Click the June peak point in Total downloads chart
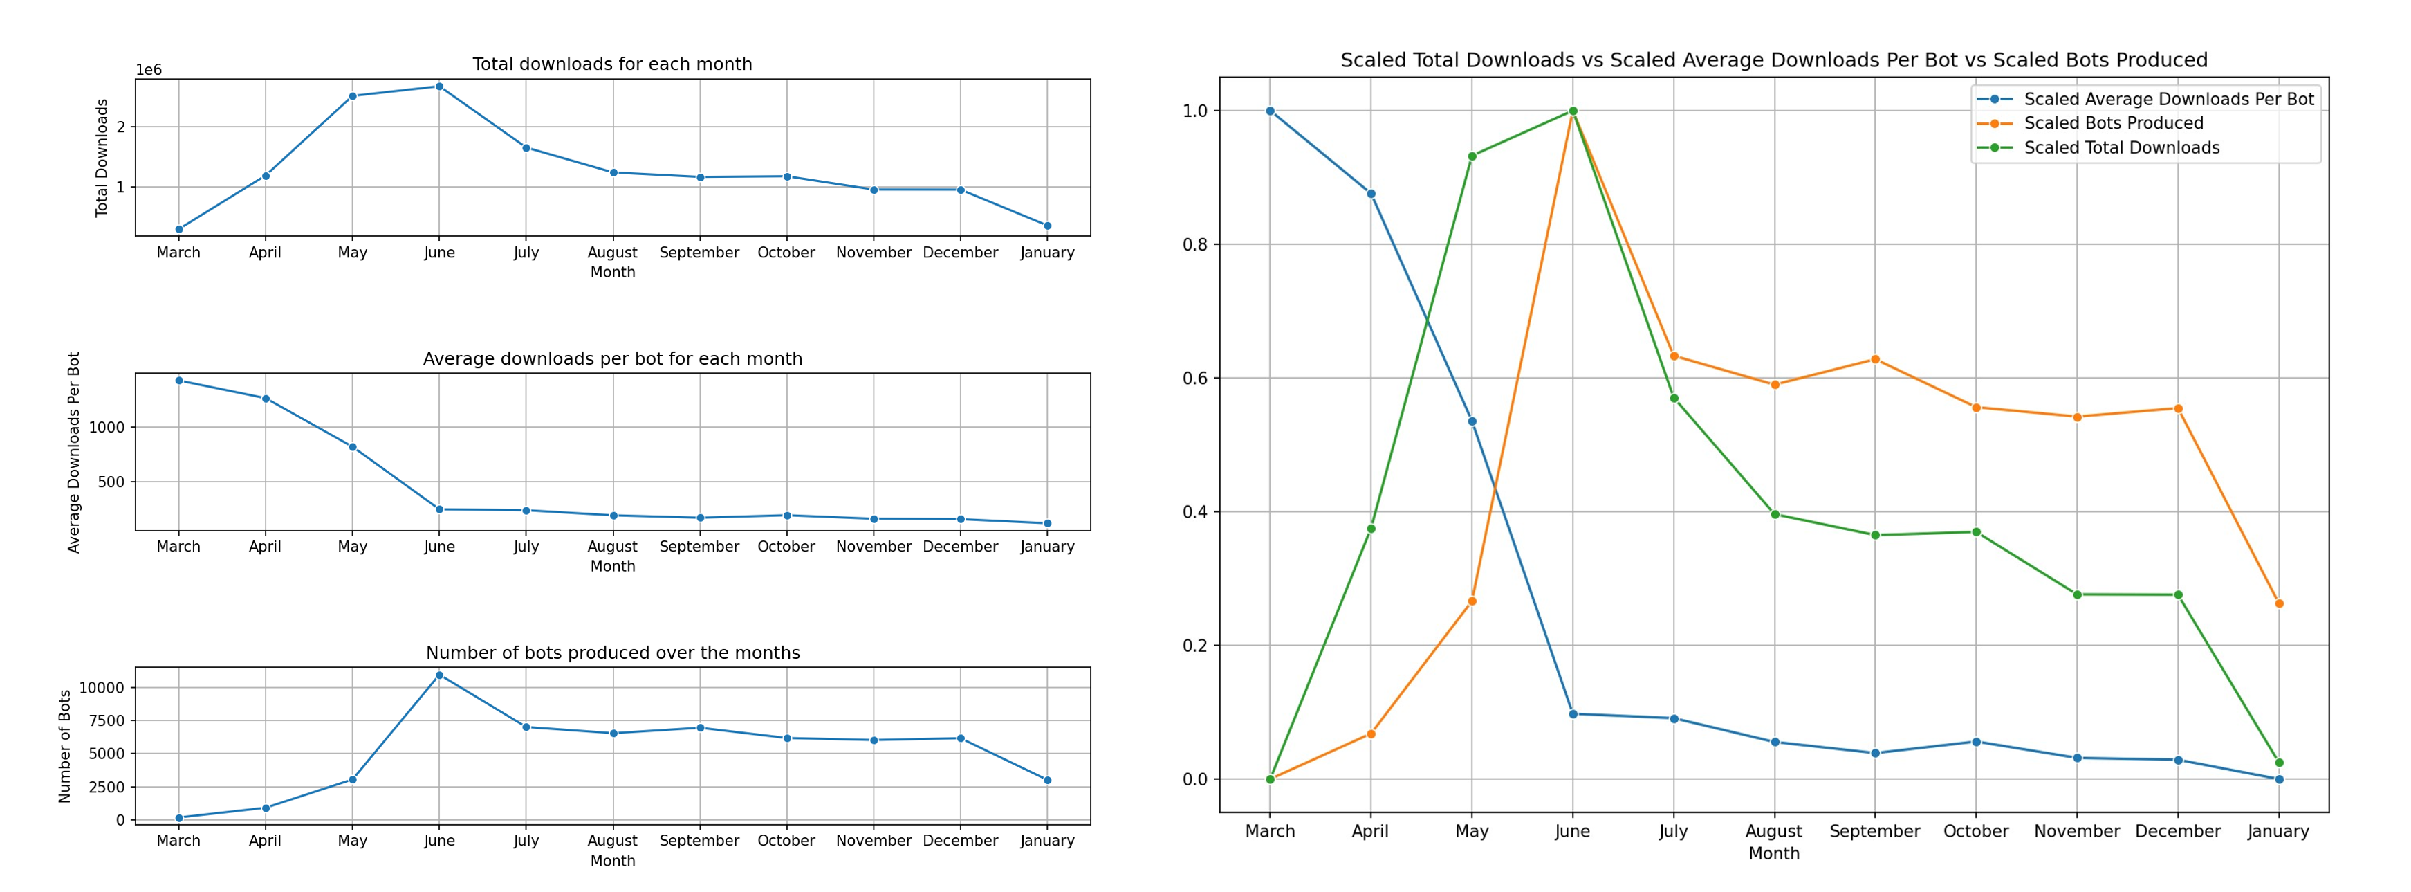tap(439, 86)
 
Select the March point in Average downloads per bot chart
tap(178, 380)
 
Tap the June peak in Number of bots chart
tap(439, 675)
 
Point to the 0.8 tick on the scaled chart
tap(1195, 245)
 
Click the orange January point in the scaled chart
tap(2279, 603)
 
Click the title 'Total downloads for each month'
tap(612, 64)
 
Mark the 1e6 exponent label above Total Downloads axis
tap(149, 70)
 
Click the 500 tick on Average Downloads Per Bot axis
tap(111, 482)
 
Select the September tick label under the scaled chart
tap(1875, 831)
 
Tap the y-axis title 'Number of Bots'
tap(64, 746)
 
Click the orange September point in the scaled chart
tap(1876, 359)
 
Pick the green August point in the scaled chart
tap(1775, 514)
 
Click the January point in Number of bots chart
tap(1047, 780)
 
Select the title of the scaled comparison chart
tap(1773, 60)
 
